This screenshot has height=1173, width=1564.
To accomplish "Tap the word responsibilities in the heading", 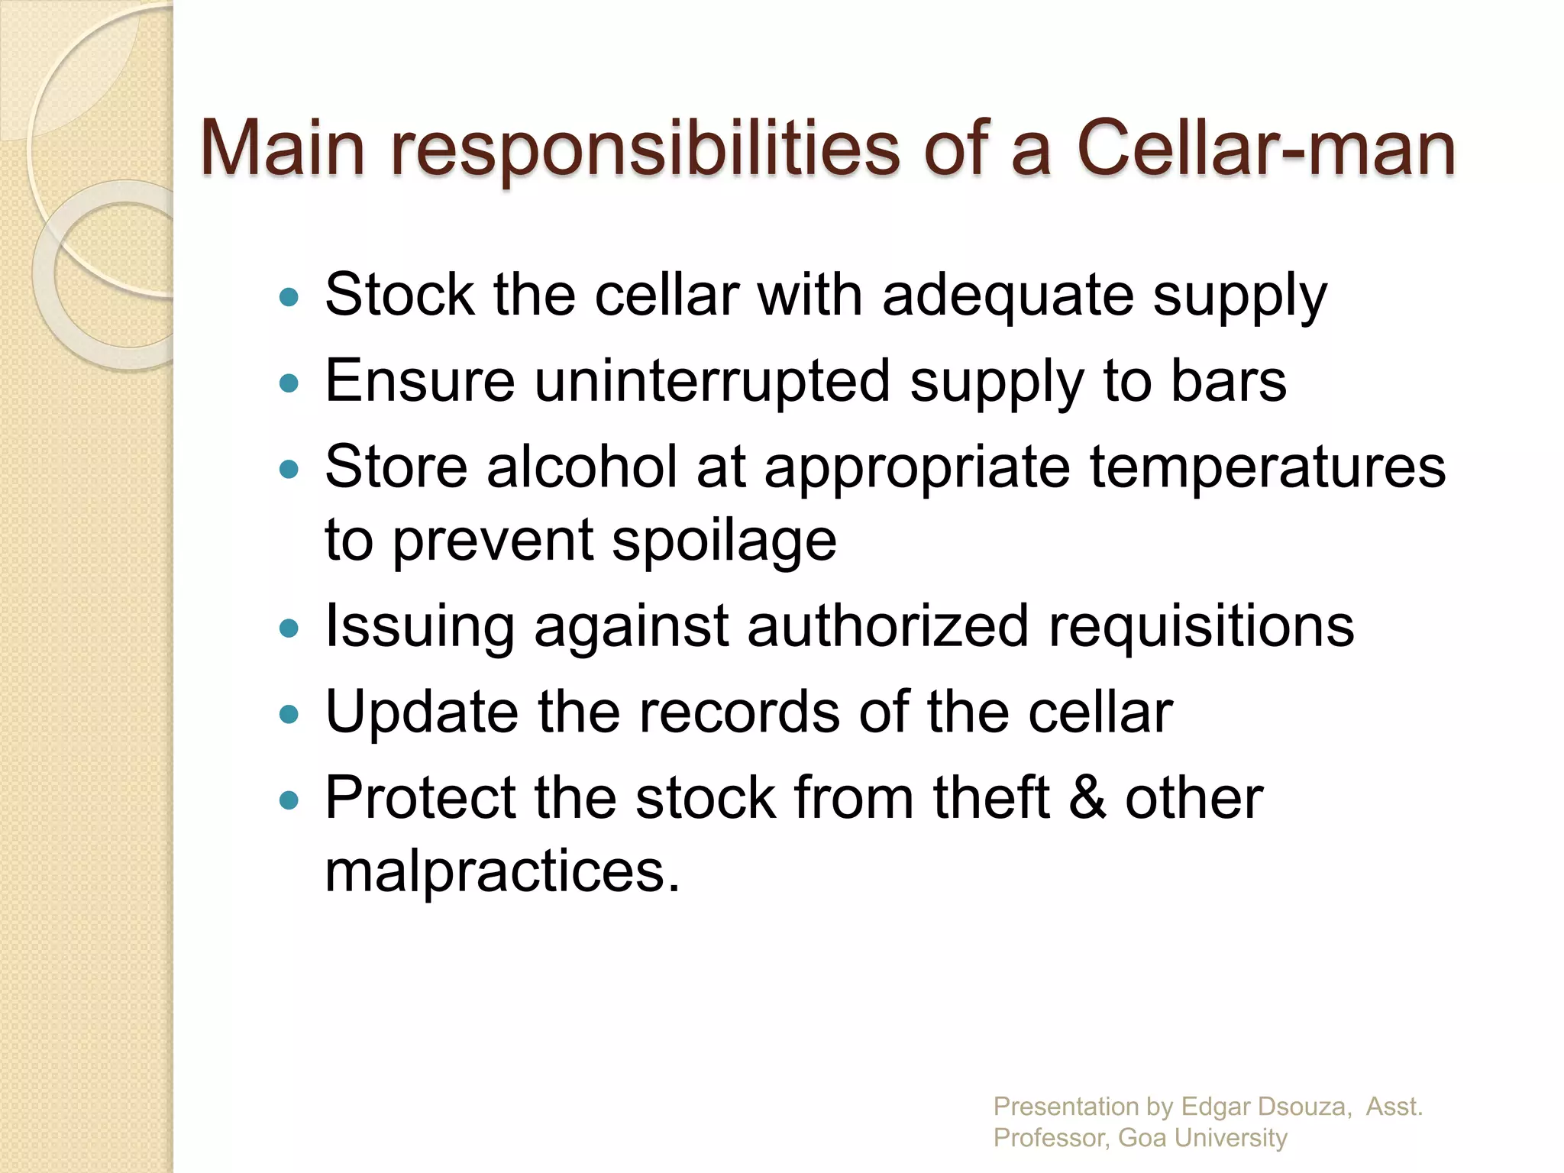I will point(646,150).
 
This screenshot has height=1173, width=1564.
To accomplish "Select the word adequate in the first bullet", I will point(1008,296).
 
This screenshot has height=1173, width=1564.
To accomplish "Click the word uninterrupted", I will point(712,381).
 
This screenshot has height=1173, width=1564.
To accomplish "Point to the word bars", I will point(1228,381).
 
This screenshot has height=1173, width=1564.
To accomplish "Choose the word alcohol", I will point(582,467).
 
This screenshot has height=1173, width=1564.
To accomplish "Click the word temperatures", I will point(1267,468).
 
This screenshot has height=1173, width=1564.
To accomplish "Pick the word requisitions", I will point(1200,627).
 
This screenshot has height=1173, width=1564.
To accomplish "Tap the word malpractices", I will point(501,871).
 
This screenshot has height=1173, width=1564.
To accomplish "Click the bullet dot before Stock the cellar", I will point(289,297).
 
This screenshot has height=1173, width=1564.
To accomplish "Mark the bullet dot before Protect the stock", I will point(289,800).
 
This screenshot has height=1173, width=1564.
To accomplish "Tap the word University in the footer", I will point(1230,1138).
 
